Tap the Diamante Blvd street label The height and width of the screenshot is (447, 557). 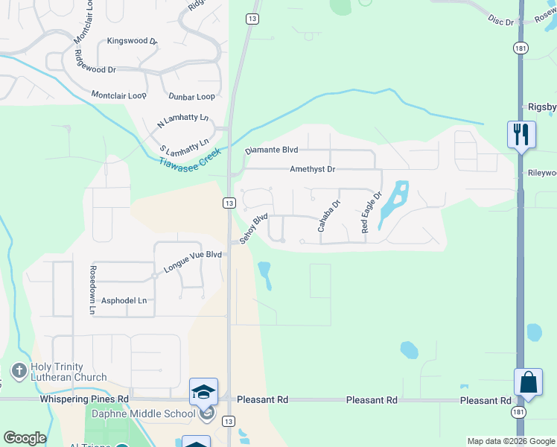coord(272,150)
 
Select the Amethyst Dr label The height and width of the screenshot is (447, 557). coord(312,169)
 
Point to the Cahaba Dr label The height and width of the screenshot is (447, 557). coord(328,216)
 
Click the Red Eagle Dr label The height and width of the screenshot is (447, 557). coord(371,212)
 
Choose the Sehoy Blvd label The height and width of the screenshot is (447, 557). coord(253,229)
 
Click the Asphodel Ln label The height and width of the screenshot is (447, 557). coord(124,300)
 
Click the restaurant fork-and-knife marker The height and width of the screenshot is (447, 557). coord(521,135)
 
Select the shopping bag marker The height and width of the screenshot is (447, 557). coord(528,383)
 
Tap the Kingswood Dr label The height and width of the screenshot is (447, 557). coord(132,41)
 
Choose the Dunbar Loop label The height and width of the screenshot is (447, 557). coord(191,97)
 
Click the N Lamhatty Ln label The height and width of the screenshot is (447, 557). coord(182,121)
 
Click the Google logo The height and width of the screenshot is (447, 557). coord(25,438)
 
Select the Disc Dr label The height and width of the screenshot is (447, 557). coord(501,19)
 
